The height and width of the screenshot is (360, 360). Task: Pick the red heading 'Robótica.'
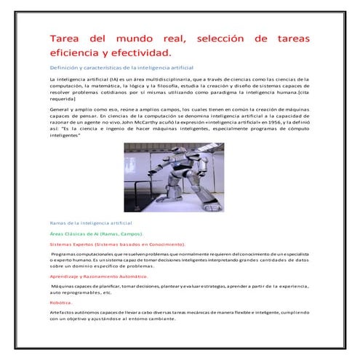(61, 301)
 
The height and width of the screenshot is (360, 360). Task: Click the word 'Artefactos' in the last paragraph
(63, 311)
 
